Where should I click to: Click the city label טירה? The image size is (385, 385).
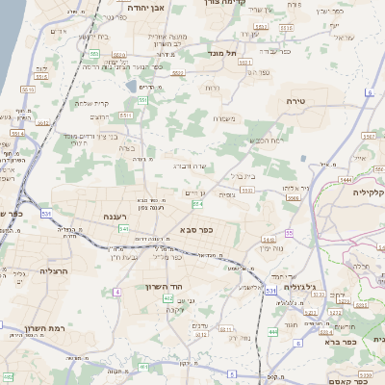295,100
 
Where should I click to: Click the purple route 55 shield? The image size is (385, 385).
289,233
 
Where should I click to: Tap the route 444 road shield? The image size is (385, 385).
272,332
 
